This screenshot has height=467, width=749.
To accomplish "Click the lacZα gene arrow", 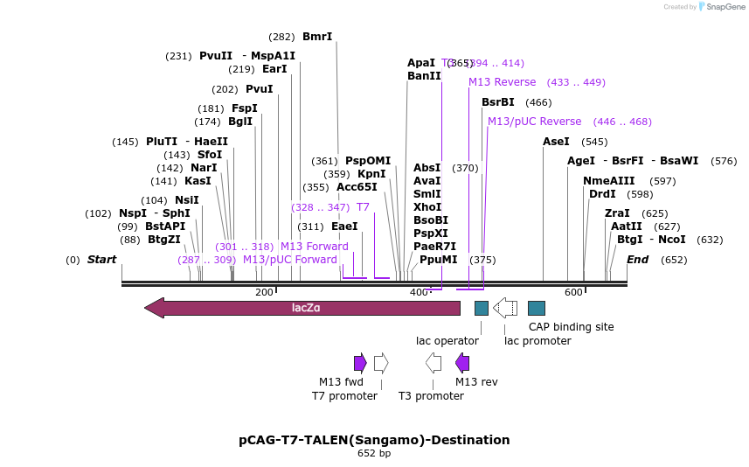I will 302,308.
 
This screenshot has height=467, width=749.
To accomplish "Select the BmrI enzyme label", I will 317,37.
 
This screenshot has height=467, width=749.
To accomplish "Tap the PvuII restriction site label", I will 216,56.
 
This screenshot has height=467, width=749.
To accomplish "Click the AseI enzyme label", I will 556,142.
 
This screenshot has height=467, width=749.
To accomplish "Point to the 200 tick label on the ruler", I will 264,292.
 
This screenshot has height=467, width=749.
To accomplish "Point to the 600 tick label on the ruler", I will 573,292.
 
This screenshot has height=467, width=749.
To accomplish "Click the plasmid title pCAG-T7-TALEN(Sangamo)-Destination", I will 374,440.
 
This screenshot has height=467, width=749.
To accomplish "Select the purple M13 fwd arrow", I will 360,363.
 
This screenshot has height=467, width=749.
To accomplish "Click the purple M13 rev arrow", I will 462,363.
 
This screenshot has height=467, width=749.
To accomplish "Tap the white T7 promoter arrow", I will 381,363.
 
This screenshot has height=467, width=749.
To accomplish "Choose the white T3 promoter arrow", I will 433,363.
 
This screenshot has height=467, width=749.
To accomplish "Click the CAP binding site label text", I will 572,327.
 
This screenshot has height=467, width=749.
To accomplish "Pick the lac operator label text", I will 447,341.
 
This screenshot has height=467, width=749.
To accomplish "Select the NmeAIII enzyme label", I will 609,181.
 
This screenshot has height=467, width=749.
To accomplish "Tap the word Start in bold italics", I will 101,260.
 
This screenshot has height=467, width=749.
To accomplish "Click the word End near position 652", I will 637,260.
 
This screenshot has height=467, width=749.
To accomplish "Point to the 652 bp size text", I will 374,454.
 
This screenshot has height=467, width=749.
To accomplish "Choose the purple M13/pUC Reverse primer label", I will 534,122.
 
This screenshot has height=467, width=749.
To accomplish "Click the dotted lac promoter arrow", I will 505,308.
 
